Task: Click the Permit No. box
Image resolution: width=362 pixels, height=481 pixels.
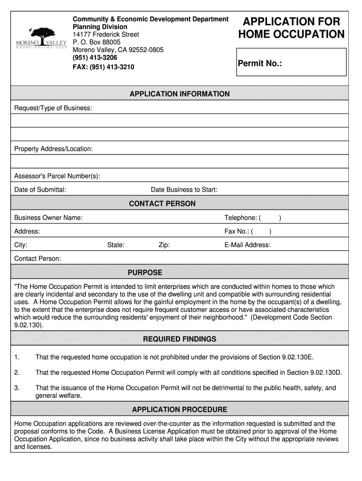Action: [x=291, y=62]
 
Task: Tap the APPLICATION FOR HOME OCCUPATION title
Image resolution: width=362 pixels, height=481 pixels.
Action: [x=291, y=28]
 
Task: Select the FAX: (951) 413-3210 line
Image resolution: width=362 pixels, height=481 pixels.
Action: [x=103, y=67]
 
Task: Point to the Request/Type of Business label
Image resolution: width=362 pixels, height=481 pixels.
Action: [x=53, y=109]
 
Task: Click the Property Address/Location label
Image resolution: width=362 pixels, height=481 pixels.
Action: [x=54, y=149]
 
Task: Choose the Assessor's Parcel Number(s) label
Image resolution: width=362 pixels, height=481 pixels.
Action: [x=57, y=176]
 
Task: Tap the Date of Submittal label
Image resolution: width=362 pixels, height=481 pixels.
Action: [x=40, y=190]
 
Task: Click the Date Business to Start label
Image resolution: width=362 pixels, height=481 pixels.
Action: [x=184, y=190]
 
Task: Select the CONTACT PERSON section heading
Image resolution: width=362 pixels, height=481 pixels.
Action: [x=162, y=204]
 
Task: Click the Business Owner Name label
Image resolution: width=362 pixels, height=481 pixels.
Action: [x=48, y=217]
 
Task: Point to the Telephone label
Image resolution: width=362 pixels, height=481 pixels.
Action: [x=241, y=217]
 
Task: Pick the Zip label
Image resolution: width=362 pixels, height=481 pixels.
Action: [x=164, y=245]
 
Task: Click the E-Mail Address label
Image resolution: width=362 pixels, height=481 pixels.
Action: [x=247, y=245]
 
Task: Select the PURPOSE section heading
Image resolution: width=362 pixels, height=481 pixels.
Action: [x=145, y=272]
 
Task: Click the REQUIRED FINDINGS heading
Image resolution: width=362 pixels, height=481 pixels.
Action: [x=180, y=339]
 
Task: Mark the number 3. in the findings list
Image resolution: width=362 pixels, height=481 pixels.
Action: [x=17, y=388]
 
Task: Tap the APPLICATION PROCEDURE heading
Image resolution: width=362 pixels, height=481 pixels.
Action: [x=180, y=410]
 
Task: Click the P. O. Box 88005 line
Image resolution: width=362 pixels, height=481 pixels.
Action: [x=96, y=42]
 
